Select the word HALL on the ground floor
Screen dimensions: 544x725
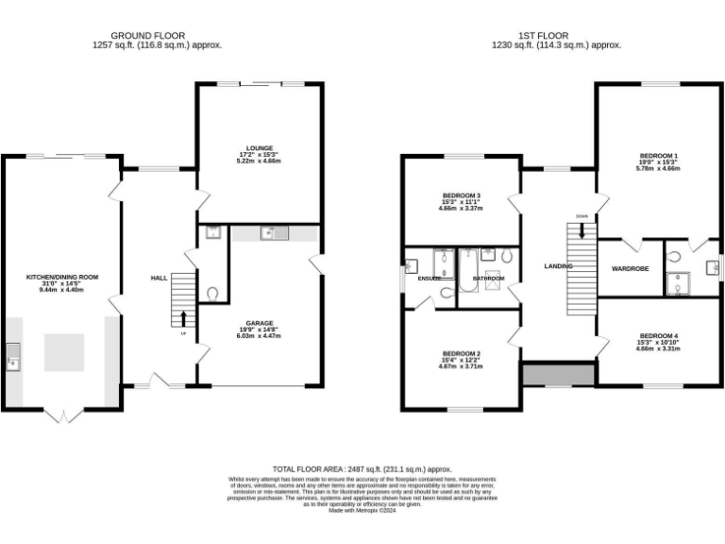160,279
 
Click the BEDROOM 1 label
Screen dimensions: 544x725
659,155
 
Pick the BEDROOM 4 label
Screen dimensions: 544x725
659,336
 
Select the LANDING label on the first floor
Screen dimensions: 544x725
559,266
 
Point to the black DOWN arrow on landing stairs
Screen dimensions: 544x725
582,229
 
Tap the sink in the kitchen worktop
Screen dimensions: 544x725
12,357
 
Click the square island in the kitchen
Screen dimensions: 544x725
62,350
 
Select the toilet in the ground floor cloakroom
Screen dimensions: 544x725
211,294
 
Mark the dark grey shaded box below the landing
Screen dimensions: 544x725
558,375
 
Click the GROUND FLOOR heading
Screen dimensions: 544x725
157,36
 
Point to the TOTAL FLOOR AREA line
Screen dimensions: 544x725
362,469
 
